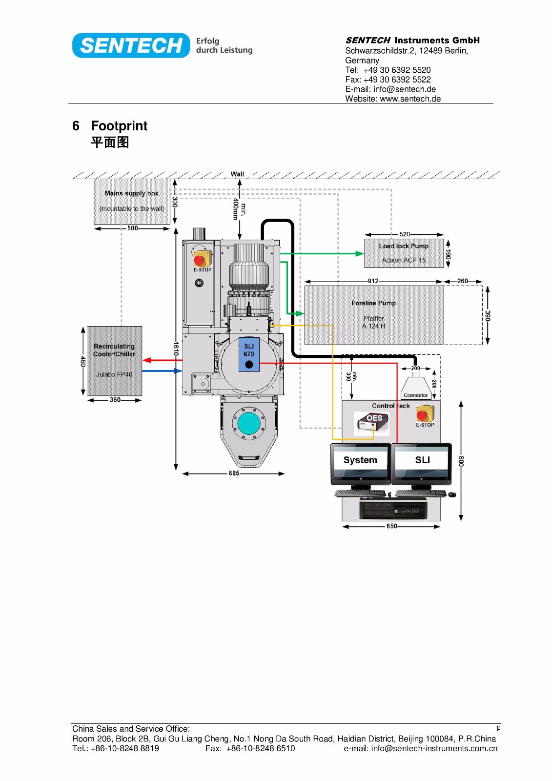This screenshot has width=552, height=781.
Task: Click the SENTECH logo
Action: pos(131,45)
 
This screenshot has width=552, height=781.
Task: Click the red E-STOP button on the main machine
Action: pos(199,260)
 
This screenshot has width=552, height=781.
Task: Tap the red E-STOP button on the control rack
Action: pos(422,415)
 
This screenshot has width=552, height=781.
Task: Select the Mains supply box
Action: pos(132,201)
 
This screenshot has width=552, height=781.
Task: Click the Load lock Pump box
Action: pos(404,253)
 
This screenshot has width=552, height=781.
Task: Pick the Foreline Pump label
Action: pos(373,303)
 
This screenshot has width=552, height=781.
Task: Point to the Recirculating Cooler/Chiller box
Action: pos(115,361)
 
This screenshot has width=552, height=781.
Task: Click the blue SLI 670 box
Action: pos(249,354)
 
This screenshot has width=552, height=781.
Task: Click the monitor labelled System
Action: pos(361,464)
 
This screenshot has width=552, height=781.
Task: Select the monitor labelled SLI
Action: pos(422,464)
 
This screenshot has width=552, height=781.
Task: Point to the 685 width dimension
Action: pos(234,473)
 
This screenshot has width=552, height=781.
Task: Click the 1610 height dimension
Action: pos(176,349)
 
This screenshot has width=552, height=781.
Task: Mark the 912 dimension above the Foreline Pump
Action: pos(373,281)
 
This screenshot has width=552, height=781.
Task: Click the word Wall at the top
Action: pos(237,174)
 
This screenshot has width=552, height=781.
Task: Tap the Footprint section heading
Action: pos(119,125)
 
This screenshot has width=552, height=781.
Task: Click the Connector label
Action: pos(416,395)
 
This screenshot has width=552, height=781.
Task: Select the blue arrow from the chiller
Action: pos(162,371)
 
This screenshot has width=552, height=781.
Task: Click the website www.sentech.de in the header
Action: pos(410,99)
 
